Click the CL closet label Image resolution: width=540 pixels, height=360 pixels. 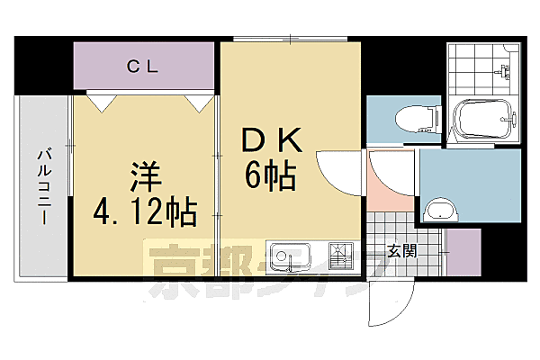tap(143, 65)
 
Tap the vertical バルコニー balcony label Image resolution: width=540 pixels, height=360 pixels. tap(42, 187)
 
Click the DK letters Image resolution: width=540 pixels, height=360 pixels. tap(271, 141)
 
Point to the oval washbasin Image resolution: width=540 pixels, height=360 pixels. tap(441, 212)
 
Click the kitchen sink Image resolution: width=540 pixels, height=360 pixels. tap(289, 256)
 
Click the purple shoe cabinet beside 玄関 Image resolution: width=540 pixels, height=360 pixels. tap(464, 253)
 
